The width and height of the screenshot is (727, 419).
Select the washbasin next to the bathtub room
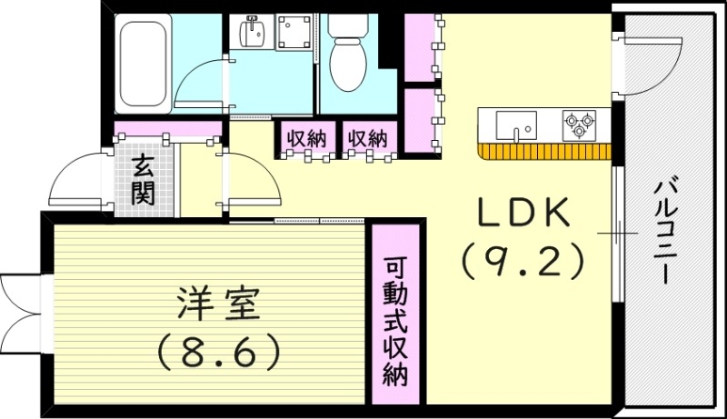252,35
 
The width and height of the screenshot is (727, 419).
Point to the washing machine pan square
294,33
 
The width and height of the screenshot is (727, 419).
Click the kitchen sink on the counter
515,125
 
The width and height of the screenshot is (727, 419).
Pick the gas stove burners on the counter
579,125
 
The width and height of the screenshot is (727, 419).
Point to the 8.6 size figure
218,352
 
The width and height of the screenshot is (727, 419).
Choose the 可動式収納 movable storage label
394,323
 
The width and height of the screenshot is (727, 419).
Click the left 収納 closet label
305,139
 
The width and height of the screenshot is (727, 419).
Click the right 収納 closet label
368,139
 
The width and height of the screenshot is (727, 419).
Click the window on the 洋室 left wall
20,301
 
